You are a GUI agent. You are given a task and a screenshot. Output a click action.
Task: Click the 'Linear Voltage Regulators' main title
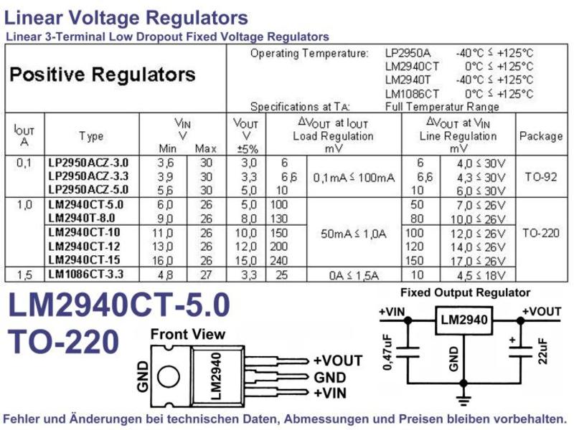tap(126, 17)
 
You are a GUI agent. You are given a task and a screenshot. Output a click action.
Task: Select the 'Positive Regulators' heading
tap(103, 75)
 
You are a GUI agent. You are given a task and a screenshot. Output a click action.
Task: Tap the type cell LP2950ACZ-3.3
tap(88, 176)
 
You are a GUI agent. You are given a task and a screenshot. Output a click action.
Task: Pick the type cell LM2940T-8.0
tap(82, 218)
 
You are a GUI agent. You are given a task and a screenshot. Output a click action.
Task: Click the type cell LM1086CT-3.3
tap(85, 274)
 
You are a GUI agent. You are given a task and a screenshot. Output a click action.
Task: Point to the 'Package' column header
tap(541, 136)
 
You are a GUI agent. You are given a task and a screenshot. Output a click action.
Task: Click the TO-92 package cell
tap(541, 177)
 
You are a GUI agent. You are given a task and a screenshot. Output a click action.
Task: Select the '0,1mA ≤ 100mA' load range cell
tap(354, 178)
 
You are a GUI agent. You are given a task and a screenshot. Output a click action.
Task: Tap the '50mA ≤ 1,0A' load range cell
tap(354, 234)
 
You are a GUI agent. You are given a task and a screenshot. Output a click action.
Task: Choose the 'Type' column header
tap(91, 136)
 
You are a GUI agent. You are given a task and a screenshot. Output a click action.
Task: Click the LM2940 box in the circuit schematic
tap(464, 320)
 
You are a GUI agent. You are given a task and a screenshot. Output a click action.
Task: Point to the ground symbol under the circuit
tap(464, 400)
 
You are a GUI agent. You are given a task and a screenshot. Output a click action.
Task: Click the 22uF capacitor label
tap(543, 351)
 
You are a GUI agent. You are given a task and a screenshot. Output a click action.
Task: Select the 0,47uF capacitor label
tap(387, 352)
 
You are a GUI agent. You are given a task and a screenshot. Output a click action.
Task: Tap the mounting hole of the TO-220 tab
tap(169, 376)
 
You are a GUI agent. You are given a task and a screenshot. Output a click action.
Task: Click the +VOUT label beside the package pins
tap(338, 361)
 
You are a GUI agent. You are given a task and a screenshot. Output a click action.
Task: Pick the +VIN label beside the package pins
tap(330, 393)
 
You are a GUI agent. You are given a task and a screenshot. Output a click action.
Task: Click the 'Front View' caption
tap(188, 334)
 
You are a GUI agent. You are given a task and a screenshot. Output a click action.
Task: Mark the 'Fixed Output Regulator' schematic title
tap(465, 292)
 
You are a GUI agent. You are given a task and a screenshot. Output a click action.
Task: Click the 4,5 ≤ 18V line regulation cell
tap(481, 275)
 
